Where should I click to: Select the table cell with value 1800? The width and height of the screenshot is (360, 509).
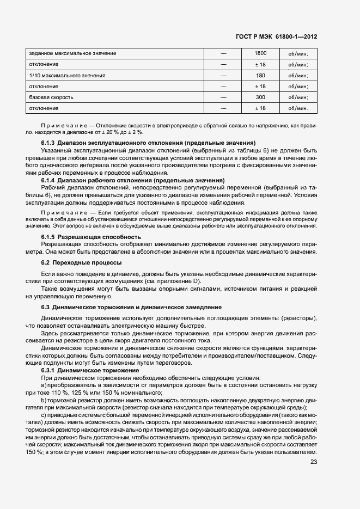pyautogui.click(x=260, y=53)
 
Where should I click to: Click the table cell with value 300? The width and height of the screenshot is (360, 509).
pyautogui.click(x=260, y=97)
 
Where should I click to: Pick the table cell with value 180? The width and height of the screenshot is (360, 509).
pyautogui.click(x=260, y=75)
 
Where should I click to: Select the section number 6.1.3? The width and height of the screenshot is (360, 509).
pyautogui.click(x=48, y=143)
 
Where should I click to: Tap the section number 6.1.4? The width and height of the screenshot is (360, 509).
pyautogui.click(x=48, y=180)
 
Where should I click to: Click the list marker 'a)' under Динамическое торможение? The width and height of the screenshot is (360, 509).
pyautogui.click(x=44, y=385)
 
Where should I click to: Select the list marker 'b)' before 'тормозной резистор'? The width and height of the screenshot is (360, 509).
pyautogui.click(x=44, y=400)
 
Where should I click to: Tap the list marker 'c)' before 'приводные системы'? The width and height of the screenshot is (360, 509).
pyautogui.click(x=44, y=415)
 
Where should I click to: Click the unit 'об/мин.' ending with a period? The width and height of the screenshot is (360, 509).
pyautogui.click(x=294, y=108)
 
